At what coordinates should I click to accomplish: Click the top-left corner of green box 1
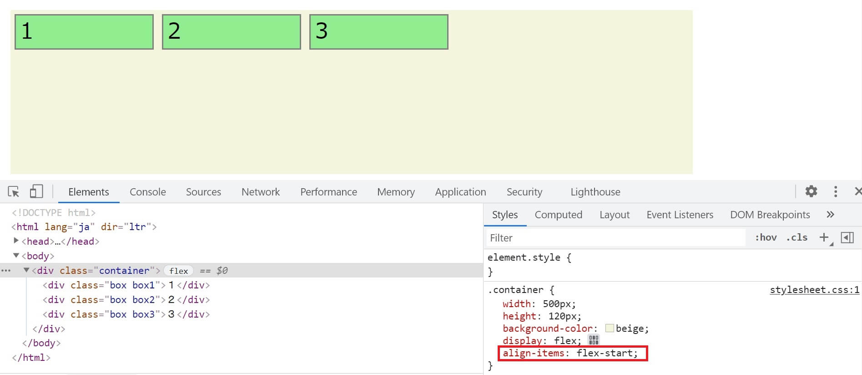(x=15, y=15)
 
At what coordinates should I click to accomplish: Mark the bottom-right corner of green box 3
(x=448, y=49)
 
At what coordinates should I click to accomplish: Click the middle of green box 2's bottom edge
(x=232, y=49)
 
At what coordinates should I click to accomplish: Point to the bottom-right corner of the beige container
(x=693, y=174)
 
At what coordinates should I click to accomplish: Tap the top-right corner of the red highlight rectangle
(x=647, y=347)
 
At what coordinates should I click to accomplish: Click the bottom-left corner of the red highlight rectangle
(x=499, y=361)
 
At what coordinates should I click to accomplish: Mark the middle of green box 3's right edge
(x=448, y=32)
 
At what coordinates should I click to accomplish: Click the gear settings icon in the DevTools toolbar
(x=811, y=191)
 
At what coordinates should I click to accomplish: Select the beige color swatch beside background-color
(x=610, y=328)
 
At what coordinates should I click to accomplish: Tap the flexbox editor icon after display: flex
(x=594, y=340)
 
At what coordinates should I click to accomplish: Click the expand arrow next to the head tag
(x=16, y=241)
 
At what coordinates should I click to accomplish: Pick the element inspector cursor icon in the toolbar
(x=14, y=192)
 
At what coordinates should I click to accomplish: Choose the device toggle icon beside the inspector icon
(x=36, y=191)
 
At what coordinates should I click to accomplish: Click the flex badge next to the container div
(x=178, y=271)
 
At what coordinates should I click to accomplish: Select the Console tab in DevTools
(x=148, y=192)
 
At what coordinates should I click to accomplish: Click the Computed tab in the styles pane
(x=558, y=215)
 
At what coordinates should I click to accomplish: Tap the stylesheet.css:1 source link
(x=814, y=290)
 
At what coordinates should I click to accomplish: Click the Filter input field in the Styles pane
(x=615, y=238)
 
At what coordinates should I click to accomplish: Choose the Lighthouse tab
(x=595, y=192)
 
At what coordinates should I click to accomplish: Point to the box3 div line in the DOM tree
(x=126, y=314)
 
